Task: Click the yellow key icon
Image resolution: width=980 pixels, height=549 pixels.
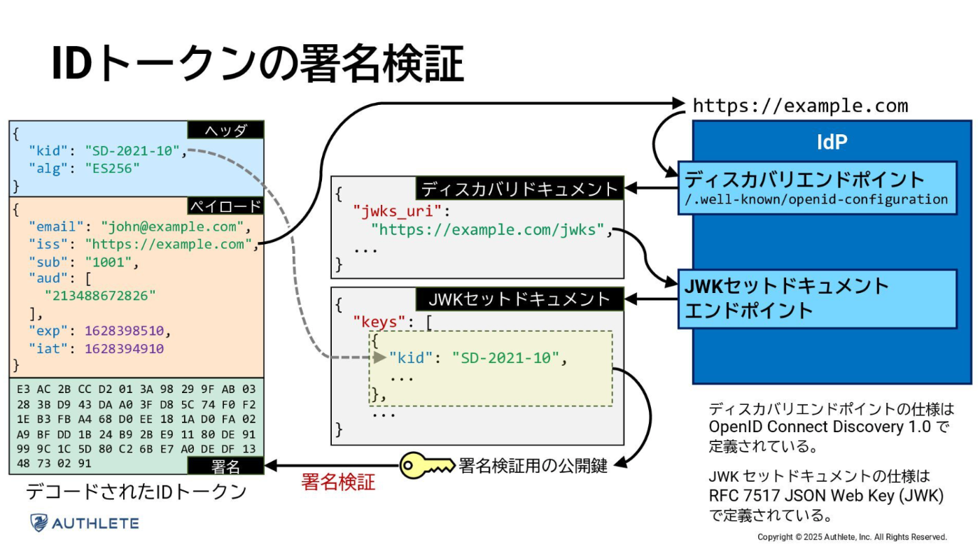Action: click(426, 466)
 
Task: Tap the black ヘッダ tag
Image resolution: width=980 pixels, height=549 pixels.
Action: click(225, 130)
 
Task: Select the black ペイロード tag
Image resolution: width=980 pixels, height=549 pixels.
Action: click(225, 206)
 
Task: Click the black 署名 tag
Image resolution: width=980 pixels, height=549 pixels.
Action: click(225, 466)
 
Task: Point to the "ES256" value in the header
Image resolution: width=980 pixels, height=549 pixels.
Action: click(113, 169)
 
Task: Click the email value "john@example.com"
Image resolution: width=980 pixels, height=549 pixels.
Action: click(172, 227)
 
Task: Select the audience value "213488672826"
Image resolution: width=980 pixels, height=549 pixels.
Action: click(100, 296)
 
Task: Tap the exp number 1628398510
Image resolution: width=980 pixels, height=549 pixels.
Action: click(125, 331)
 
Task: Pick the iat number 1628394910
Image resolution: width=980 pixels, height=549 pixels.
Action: click(125, 349)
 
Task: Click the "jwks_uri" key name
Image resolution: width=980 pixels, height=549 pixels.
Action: click(398, 211)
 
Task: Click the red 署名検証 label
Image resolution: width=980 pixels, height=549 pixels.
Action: click(338, 482)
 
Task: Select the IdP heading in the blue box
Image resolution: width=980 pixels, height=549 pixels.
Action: click(832, 141)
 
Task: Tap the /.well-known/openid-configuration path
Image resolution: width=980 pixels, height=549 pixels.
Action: click(816, 199)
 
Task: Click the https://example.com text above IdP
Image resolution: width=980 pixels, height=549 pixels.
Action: click(801, 106)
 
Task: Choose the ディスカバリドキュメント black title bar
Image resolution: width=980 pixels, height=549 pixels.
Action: click(519, 188)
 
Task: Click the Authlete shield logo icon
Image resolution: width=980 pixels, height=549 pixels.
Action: click(39, 523)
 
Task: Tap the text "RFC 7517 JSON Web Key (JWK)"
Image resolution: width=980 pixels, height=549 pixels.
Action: click(826, 496)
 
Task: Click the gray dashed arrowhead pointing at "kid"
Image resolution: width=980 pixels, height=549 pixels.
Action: click(379, 357)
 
